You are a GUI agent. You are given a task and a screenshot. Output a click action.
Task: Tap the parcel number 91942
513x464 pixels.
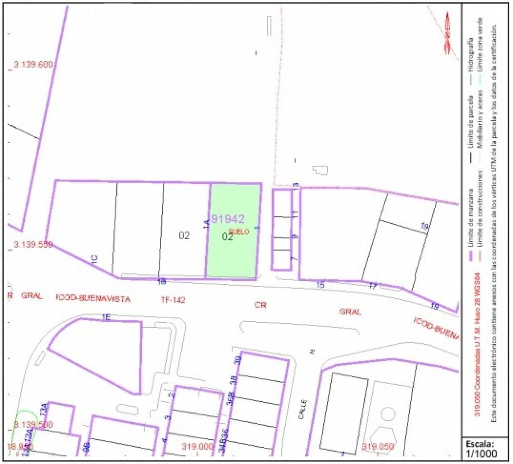click(x=228, y=219)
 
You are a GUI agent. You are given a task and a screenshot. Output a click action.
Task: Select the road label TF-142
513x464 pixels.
click(x=173, y=300)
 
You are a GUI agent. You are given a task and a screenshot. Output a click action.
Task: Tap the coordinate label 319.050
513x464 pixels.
click(x=377, y=447)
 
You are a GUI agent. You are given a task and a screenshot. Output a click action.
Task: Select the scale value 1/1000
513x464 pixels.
click(x=481, y=453)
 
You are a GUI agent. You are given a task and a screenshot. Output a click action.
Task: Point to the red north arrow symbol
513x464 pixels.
click(x=448, y=33)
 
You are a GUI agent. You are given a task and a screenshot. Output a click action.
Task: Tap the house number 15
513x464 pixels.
click(x=320, y=285)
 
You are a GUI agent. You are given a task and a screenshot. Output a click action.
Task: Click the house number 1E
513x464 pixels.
click(x=106, y=317)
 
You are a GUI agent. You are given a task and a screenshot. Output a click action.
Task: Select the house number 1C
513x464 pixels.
click(x=94, y=258)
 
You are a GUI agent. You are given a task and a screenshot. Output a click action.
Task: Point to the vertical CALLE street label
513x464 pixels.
click(x=304, y=409)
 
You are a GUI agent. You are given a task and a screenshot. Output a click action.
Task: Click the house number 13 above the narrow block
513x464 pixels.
click(x=295, y=185)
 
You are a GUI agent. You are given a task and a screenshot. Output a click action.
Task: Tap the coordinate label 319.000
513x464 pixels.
click(x=197, y=447)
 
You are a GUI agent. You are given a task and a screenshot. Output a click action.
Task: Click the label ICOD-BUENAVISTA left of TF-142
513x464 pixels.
click(x=93, y=298)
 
